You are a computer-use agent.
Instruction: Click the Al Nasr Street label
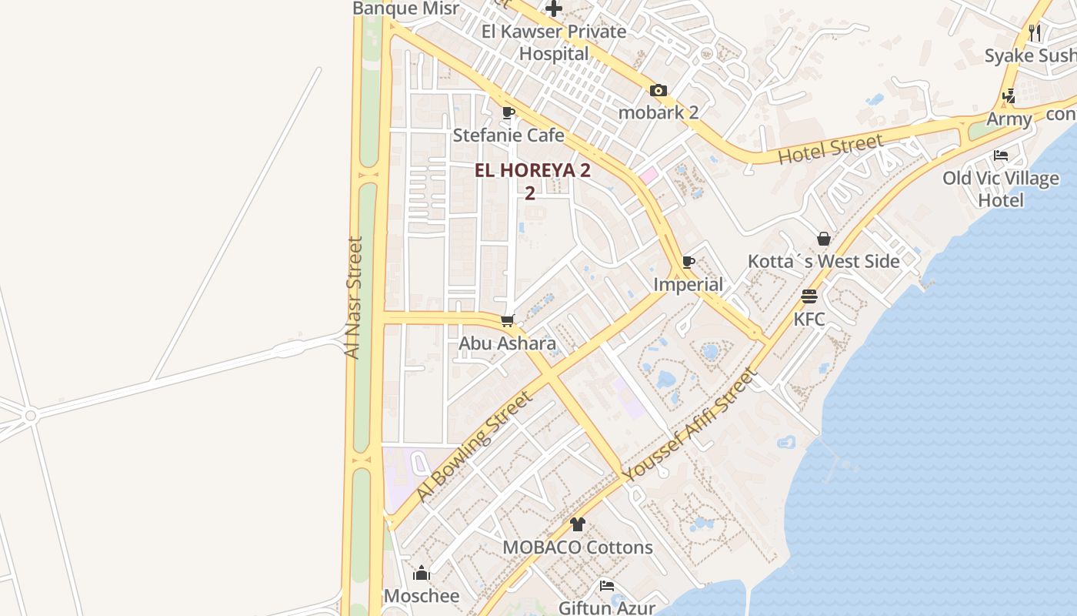352,297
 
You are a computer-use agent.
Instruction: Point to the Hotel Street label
830,149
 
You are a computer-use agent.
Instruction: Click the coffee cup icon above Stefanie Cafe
508,113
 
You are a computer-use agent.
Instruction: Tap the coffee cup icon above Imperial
688,263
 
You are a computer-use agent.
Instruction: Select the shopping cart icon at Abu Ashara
507,320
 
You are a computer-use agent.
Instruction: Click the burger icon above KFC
809,296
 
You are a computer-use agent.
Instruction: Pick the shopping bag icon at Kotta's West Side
824,239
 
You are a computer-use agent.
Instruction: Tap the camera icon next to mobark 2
658,91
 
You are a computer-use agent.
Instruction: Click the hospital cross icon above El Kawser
553,9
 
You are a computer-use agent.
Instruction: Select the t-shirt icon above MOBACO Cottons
578,524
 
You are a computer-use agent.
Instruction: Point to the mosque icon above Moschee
422,573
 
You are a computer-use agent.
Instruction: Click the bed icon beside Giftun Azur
607,586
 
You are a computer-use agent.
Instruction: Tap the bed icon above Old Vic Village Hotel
1001,156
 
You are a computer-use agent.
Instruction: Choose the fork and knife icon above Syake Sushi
1035,32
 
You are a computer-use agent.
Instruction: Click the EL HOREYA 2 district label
532,171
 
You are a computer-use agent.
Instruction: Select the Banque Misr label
405,8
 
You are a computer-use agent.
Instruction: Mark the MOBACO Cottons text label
578,547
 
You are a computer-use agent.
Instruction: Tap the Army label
1009,119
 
